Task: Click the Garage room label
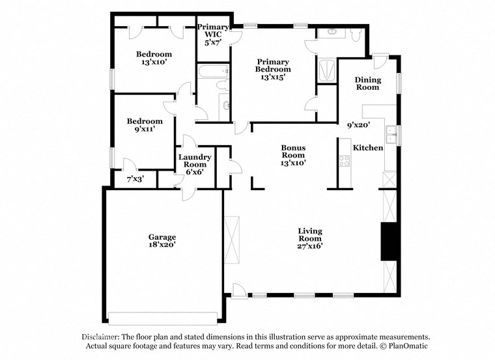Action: pos(162,237)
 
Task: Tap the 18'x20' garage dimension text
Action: pos(162,245)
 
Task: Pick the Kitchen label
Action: pos(368,148)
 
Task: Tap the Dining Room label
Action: pos(367,83)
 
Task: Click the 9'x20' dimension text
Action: pos(358,124)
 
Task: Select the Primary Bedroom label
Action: pos(273,65)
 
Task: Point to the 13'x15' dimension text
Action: pos(273,77)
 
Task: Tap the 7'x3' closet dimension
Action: pos(135,178)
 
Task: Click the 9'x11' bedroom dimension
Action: pos(145,130)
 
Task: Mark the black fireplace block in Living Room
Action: pos(389,242)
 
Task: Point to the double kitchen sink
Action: pos(391,135)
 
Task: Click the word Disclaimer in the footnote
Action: pos(103,337)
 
